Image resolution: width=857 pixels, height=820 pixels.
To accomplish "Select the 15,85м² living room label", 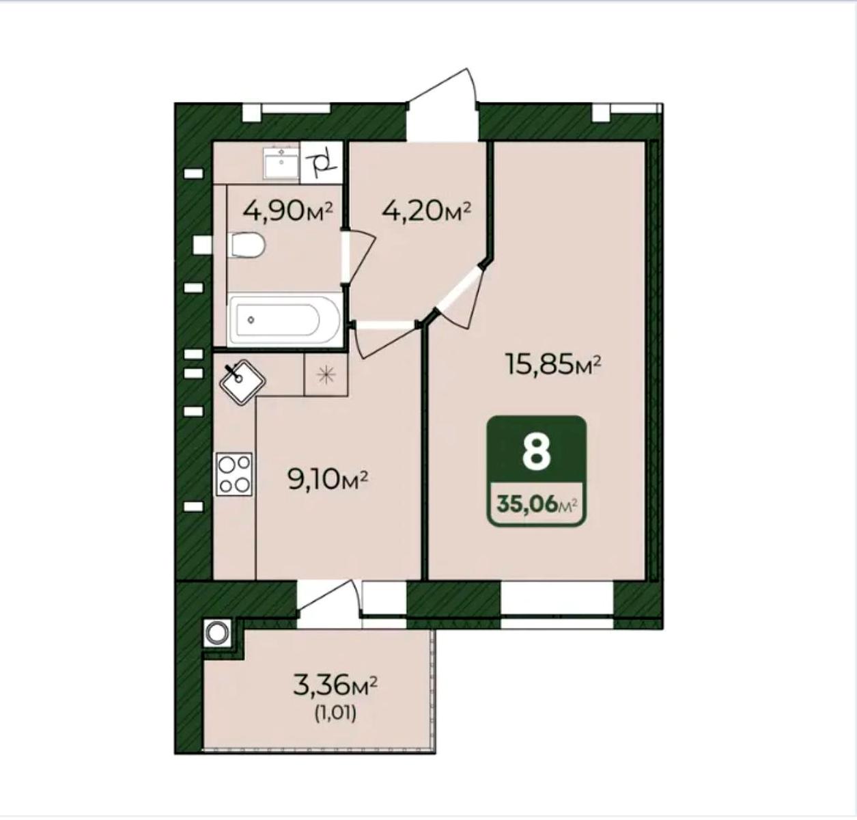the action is click(x=554, y=366).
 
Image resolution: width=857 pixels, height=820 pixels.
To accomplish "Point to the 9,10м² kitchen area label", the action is click(x=328, y=480).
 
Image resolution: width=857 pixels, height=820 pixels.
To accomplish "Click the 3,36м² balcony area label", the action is click(x=335, y=686).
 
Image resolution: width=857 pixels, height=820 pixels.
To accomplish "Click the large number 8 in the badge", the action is click(x=537, y=454).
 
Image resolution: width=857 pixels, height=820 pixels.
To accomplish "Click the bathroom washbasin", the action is click(x=282, y=163).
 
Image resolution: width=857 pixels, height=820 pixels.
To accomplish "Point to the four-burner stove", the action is click(x=234, y=474).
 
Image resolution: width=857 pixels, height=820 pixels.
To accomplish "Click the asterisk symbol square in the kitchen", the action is click(x=326, y=374).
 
